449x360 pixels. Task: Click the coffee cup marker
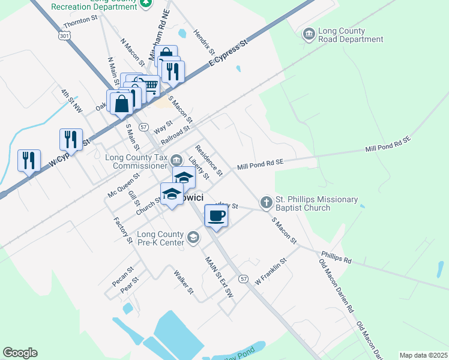click(x=216, y=215)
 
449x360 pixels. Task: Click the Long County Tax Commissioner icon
click(x=176, y=159)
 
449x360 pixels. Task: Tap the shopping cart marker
click(x=149, y=88)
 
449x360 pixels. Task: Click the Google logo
click(x=20, y=353)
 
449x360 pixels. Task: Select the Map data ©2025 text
click(x=423, y=355)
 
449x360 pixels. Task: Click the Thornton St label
click(x=80, y=20)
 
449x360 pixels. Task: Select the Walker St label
click(x=184, y=282)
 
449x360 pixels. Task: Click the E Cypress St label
click(x=228, y=54)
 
